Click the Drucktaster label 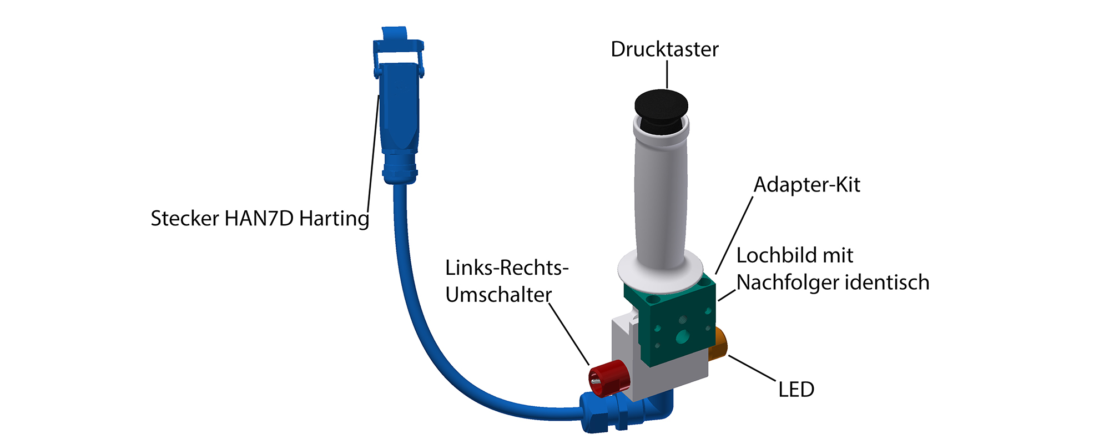[664, 49]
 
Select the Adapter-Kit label [806, 185]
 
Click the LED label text [796, 390]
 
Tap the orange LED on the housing [719, 343]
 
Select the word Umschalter [498, 295]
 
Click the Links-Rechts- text [507, 268]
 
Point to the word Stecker [185, 219]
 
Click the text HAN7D [259, 219]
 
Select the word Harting [334, 219]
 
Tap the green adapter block [677, 327]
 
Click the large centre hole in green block [682, 336]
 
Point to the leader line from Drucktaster [667, 74]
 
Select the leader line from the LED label [752, 367]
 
